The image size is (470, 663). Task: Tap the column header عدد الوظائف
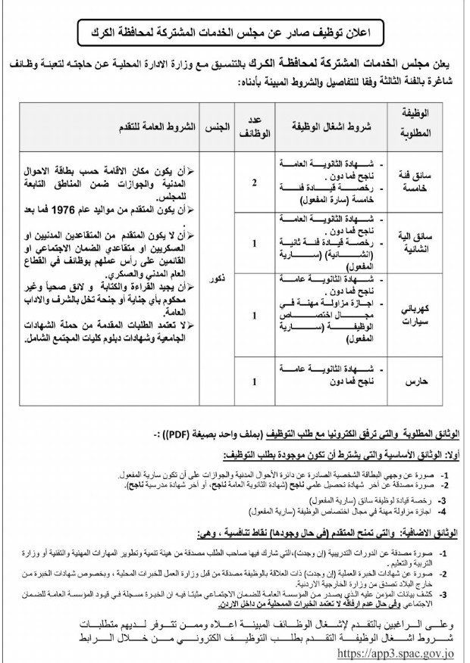coord(254,126)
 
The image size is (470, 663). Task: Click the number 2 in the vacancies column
coord(254,182)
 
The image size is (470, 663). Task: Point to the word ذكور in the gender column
coord(218,279)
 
